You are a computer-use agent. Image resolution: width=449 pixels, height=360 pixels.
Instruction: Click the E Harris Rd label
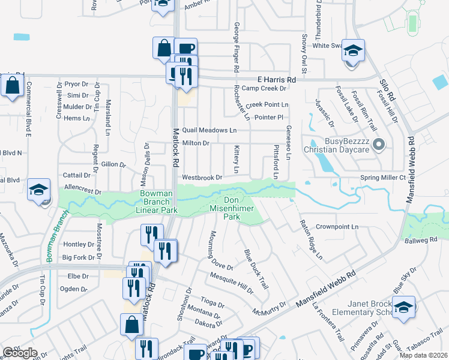point(277,79)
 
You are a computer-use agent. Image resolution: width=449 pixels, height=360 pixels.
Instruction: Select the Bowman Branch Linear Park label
point(158,202)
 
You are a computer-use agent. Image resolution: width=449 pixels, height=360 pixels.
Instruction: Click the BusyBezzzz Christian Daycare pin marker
point(379,144)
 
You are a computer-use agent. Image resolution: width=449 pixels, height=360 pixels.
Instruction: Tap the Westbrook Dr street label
point(202,178)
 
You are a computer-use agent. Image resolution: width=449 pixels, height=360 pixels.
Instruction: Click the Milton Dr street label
point(196,143)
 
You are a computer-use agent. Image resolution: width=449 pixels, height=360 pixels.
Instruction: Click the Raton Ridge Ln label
point(311,239)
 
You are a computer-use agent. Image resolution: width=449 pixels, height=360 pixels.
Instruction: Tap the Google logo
point(20,352)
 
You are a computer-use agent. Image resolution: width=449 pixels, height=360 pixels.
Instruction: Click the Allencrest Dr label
point(82,188)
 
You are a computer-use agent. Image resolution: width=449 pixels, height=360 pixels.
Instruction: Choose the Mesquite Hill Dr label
point(232,283)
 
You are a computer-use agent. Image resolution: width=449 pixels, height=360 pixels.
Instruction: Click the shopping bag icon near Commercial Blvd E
point(12,85)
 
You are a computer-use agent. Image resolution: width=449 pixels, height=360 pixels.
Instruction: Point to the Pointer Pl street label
point(268,118)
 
